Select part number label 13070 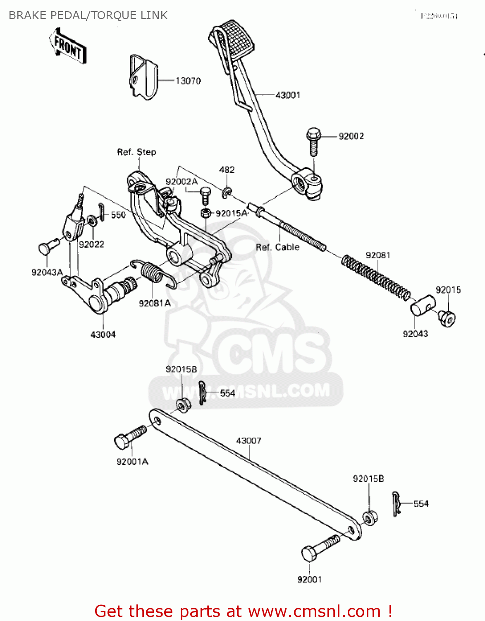point(188,81)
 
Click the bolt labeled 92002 point(314,141)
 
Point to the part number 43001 point(288,95)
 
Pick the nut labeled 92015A point(205,213)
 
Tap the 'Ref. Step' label point(136,152)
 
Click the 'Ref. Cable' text point(277,247)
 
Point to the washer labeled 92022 point(91,220)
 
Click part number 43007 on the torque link point(248,441)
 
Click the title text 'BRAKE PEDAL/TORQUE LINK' point(88,15)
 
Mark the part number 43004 point(103,335)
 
